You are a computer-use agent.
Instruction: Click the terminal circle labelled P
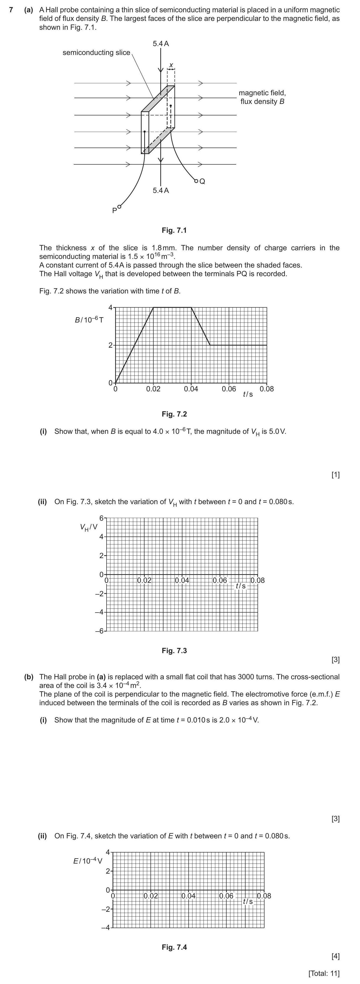(x=119, y=207)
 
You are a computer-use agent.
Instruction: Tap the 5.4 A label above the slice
(x=161, y=43)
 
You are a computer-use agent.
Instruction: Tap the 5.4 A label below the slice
(x=161, y=190)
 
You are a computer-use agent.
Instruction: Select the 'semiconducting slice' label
(x=96, y=53)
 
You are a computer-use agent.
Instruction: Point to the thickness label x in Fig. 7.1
(x=171, y=65)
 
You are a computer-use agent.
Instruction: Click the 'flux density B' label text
(x=262, y=101)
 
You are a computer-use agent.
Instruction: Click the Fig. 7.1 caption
(x=174, y=230)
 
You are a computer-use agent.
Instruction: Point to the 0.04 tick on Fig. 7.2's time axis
(x=191, y=389)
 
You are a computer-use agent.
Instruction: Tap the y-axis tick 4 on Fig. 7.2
(x=110, y=308)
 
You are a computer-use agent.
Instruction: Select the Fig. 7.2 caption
(x=174, y=414)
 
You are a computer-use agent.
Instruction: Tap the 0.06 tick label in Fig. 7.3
(x=220, y=580)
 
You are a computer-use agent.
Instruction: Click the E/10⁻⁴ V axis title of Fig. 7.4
(x=88, y=861)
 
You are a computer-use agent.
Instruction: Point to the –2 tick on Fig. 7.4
(x=105, y=910)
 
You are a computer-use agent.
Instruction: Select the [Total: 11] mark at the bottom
(x=324, y=973)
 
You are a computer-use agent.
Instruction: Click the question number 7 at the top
(x=12, y=10)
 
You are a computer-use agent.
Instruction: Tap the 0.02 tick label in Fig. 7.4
(x=150, y=896)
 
